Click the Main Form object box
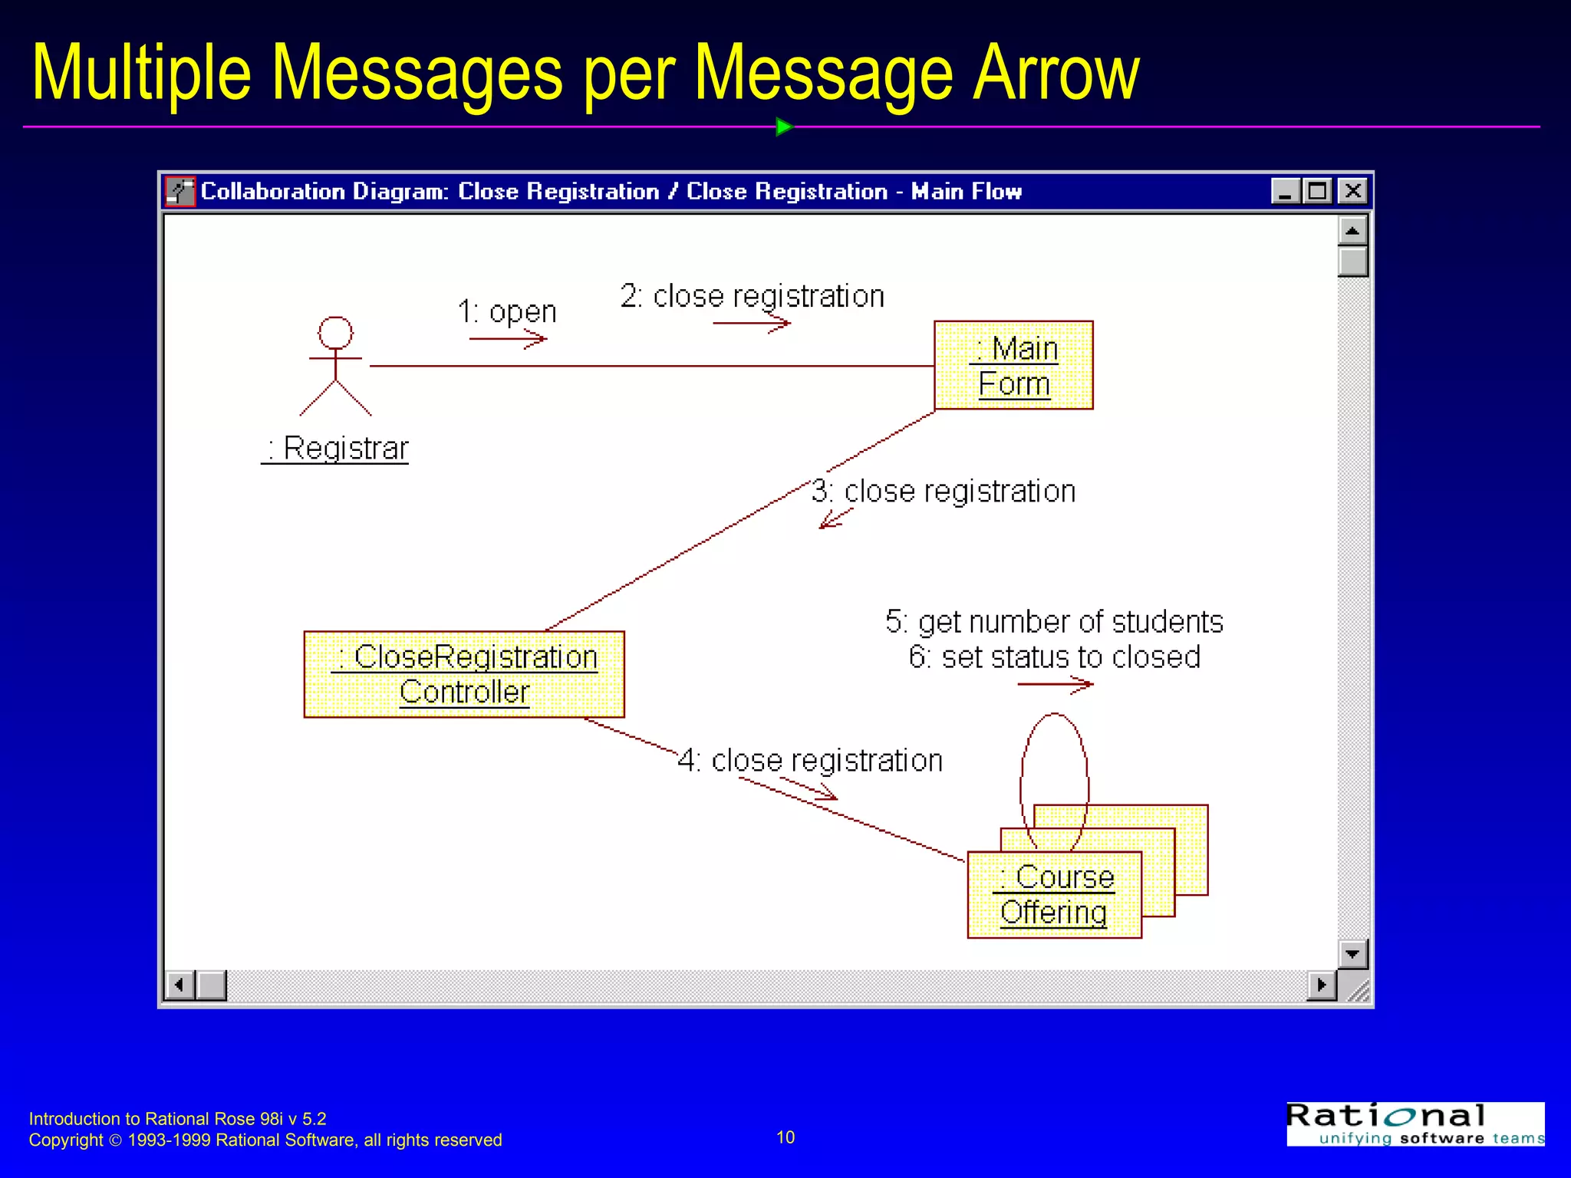(x=1013, y=365)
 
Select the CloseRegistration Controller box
(x=464, y=674)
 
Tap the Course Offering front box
(x=1054, y=894)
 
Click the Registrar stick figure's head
(x=336, y=333)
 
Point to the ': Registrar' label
(x=336, y=448)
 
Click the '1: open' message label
(x=507, y=311)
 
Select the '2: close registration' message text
(x=752, y=296)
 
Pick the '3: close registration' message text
(x=944, y=491)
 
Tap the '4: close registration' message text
(x=810, y=760)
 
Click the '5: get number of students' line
(x=1054, y=622)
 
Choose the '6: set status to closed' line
(x=1054, y=657)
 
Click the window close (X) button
(x=1352, y=191)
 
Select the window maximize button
(x=1318, y=191)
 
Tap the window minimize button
(x=1285, y=191)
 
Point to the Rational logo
(x=1415, y=1124)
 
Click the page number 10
(x=785, y=1137)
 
